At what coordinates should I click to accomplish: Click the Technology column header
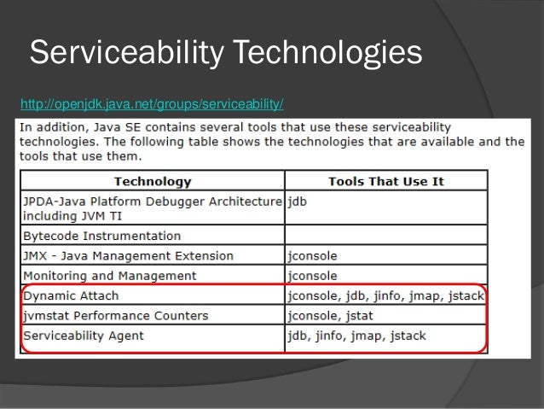click(x=153, y=181)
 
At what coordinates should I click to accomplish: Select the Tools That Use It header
click(x=386, y=181)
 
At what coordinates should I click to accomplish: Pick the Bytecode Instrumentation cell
click(x=101, y=236)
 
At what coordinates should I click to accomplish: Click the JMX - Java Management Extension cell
click(x=129, y=255)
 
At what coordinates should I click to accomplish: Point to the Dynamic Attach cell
click(x=72, y=296)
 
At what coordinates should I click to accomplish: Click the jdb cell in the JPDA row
click(x=299, y=202)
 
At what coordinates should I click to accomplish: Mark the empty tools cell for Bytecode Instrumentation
click(x=386, y=236)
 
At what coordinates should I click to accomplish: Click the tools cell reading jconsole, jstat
click(x=333, y=316)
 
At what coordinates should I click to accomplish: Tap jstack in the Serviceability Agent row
click(x=408, y=336)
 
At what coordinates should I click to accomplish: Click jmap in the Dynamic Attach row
click(x=414, y=296)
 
